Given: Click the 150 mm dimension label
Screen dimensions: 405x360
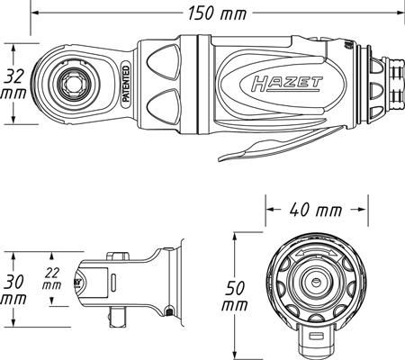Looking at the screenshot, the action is pos(217,13).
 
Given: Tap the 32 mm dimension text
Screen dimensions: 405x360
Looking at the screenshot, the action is pos(13,84).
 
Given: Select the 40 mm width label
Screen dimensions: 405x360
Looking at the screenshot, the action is pos(316,210).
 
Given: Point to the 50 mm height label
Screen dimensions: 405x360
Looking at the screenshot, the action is pos(235,296).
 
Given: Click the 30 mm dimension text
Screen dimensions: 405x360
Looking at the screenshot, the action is pos(13,291).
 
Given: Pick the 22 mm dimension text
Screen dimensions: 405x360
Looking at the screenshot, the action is pos(51,279).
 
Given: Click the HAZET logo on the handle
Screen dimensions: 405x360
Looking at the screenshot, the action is pos(287,84).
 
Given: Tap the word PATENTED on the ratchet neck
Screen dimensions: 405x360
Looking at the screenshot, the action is pos(126,85).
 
